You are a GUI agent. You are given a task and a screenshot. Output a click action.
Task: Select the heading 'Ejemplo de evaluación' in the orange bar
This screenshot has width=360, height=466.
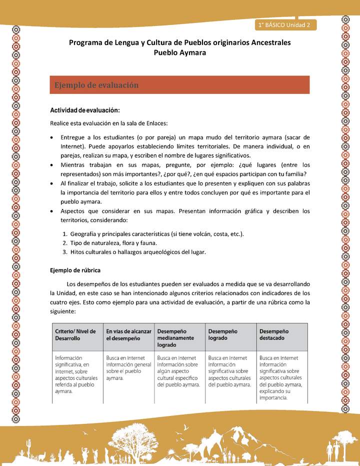(x=96, y=85)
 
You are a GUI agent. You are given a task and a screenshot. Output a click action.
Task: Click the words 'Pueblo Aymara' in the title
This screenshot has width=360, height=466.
(x=179, y=52)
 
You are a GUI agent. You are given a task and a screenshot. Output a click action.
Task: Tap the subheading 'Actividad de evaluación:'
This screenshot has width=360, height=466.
(x=84, y=110)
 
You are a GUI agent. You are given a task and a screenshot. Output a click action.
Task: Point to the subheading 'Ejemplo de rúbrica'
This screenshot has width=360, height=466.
(x=75, y=270)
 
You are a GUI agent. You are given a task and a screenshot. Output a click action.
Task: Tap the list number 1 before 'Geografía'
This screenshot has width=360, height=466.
(x=65, y=234)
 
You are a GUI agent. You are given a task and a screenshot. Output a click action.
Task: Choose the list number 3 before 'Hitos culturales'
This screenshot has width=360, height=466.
(x=65, y=252)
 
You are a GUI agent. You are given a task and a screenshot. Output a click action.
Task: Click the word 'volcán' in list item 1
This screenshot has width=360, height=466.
(x=199, y=234)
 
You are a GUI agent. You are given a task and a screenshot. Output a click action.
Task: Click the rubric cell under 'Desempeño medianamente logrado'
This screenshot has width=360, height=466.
(x=179, y=371)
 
